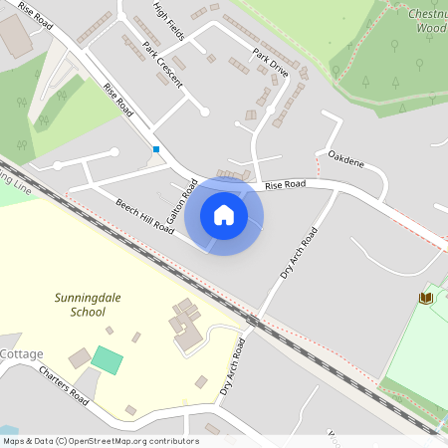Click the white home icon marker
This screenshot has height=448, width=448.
click(x=224, y=215)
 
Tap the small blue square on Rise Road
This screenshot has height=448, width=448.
click(x=155, y=149)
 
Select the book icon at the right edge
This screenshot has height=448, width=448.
click(x=426, y=298)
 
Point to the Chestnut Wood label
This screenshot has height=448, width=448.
click(x=427, y=20)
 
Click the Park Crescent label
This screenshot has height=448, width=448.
click(x=162, y=66)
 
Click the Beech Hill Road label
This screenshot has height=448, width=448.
click(x=145, y=215)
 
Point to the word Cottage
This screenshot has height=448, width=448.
click(x=21, y=353)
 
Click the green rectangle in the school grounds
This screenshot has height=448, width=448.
click(x=108, y=360)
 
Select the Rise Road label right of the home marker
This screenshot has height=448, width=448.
click(x=285, y=184)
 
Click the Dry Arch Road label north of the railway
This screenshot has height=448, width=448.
click(x=299, y=253)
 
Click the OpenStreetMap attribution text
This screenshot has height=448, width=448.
click(x=101, y=441)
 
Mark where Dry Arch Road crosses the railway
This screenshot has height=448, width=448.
click(x=255, y=322)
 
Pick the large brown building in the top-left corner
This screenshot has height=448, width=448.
click(x=14, y=36)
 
